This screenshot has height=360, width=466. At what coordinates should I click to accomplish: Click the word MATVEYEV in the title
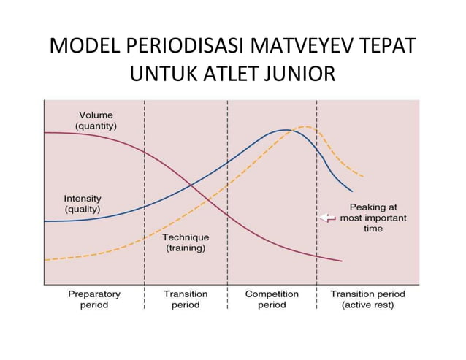coord(299,47)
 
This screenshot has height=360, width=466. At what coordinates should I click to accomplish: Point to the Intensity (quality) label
coord(82,204)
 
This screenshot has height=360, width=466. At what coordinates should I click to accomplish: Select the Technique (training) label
coord(185,242)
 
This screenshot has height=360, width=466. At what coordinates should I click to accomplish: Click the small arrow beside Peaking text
coord(326,218)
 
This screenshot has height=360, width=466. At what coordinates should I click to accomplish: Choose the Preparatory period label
coord(94,299)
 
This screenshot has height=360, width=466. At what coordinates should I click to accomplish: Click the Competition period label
coord(272,299)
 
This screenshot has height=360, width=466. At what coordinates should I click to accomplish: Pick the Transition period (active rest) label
coord(367,299)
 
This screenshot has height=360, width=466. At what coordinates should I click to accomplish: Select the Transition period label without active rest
coord(186,299)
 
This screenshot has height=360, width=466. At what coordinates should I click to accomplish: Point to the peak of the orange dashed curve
coord(305,127)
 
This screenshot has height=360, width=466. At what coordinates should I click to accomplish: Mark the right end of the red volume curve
coord(341,261)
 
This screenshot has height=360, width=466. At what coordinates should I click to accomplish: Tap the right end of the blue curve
coord(351,191)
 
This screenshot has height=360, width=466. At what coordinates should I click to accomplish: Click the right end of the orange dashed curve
coord(363,177)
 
